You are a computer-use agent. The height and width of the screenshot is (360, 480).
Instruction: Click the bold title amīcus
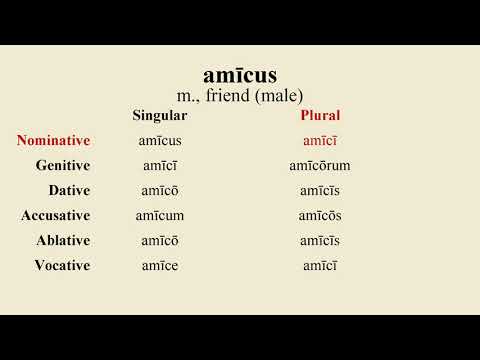(240, 75)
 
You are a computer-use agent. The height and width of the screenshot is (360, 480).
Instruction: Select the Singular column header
(160, 116)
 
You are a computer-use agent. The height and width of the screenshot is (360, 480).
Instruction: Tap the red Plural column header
(320, 116)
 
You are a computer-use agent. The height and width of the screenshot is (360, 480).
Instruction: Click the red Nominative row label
(53, 141)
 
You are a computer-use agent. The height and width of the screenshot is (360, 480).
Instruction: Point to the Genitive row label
(62, 166)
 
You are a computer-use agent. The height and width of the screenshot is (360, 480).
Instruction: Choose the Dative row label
(69, 191)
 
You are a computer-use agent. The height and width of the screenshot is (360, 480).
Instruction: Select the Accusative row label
(55, 216)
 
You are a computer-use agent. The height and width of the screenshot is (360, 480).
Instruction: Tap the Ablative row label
(63, 241)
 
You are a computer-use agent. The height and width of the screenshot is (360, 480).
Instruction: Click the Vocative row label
(62, 266)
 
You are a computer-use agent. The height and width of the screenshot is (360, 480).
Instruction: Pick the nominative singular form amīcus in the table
(160, 141)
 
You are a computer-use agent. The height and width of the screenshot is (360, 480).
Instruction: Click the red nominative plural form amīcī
(320, 141)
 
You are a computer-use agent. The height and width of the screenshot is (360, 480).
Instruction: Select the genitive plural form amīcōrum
(320, 166)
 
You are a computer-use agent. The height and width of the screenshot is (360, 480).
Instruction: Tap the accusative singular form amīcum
(160, 216)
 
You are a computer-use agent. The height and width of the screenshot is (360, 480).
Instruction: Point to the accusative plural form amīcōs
(320, 216)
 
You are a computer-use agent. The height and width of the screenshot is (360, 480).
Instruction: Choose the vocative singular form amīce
(160, 266)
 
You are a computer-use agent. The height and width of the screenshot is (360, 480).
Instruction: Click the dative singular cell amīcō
(160, 191)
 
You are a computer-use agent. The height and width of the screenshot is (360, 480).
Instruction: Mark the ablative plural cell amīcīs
(320, 241)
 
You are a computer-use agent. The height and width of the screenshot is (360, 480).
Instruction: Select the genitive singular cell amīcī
(160, 166)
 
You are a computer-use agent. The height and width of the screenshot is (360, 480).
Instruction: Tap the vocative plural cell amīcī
(320, 266)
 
